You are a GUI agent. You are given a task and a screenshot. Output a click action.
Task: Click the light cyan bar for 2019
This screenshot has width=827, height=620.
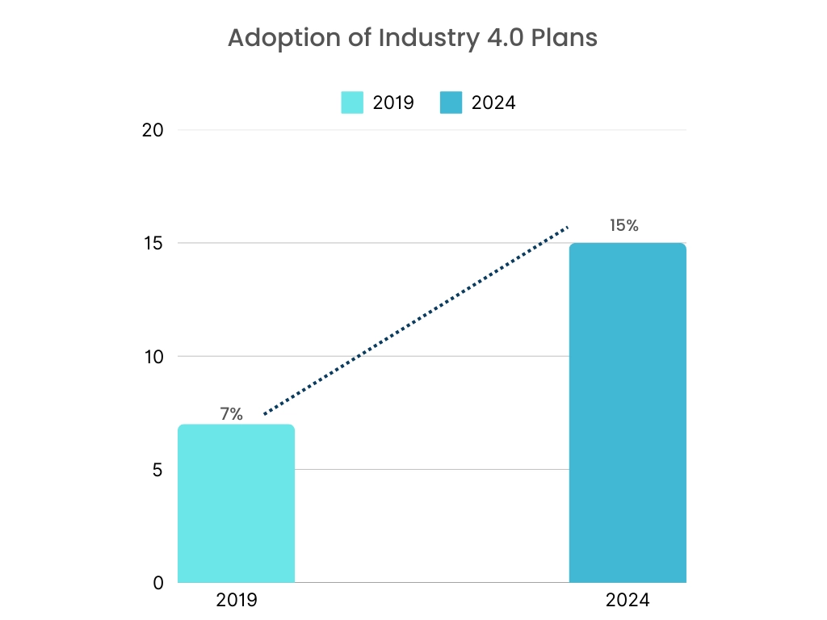click(x=236, y=504)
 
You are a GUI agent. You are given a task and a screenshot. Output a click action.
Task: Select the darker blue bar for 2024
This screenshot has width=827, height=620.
click(x=628, y=413)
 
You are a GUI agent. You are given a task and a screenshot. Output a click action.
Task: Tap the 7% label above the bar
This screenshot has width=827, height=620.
click(x=231, y=414)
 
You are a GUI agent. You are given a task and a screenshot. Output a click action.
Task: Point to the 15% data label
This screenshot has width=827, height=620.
click(x=623, y=225)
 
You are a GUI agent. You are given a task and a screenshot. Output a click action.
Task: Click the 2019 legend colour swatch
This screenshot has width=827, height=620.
click(x=352, y=103)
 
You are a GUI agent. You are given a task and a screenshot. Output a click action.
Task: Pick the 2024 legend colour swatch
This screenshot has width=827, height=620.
click(x=451, y=103)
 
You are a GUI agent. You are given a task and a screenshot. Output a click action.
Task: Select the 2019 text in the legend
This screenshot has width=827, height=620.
click(x=393, y=103)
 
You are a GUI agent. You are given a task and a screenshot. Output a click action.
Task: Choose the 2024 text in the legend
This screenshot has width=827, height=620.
click(x=493, y=103)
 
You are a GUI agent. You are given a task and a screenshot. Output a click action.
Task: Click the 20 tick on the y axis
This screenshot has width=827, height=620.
click(x=152, y=130)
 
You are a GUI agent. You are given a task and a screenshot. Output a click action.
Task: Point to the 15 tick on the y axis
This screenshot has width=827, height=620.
click(x=152, y=243)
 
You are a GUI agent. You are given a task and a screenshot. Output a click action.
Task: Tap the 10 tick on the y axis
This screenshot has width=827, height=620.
click(x=152, y=356)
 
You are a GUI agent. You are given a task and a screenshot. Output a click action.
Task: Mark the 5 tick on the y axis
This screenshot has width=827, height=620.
click(x=157, y=469)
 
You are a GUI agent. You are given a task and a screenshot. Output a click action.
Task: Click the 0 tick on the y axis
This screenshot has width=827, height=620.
click(x=157, y=582)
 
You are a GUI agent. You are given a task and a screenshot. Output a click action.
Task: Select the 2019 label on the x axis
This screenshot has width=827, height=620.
click(x=236, y=601)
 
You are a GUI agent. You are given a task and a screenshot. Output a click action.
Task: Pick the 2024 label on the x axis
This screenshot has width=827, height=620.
click(x=628, y=601)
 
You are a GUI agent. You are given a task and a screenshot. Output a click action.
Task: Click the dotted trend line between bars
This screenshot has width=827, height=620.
click(x=416, y=321)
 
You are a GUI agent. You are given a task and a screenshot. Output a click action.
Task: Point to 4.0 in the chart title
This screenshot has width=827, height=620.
click(x=491, y=38)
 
